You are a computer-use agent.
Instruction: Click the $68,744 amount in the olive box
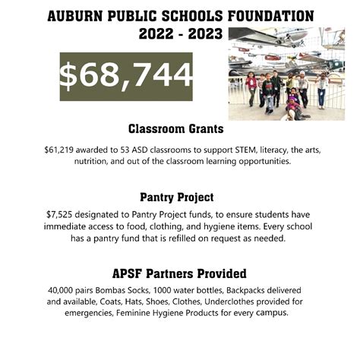(126, 74)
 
